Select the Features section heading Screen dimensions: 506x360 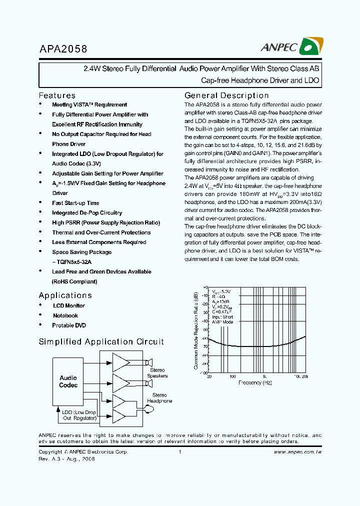coord(57,95)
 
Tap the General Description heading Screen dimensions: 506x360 coord(226,95)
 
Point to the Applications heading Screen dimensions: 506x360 coord(65,295)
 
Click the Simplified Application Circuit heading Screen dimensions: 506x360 coord(101,342)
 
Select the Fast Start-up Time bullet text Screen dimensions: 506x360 coord(75,203)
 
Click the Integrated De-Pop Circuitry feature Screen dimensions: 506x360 coord(87,213)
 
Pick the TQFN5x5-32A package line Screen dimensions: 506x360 coord(71,262)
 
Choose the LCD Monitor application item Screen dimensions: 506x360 coord(69,305)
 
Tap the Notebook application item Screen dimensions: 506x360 coord(65,315)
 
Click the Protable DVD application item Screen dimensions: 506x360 coord(69,325)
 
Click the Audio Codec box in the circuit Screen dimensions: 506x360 coord(68,381)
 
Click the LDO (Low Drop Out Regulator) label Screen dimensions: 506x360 coord(79,415)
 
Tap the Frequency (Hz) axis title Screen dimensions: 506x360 coord(254,382)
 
